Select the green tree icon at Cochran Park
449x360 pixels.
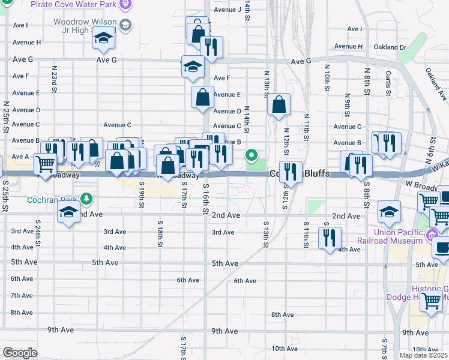pos(87,198)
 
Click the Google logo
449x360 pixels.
pos(19,353)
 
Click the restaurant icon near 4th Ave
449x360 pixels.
pos(330,238)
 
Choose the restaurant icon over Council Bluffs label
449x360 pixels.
pos(291,172)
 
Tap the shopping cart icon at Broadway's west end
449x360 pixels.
pos(45,163)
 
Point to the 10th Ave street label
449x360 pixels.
pos(285,349)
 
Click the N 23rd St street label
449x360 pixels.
pos(55,76)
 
